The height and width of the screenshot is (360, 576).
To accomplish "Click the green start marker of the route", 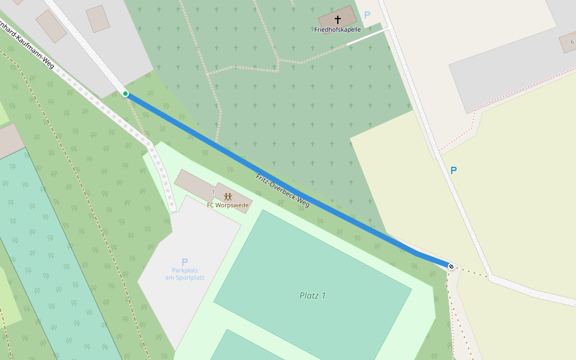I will click(125, 94).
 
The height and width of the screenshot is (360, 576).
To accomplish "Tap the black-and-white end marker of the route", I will click(451, 266).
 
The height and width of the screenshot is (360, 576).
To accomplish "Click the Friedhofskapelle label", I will click(337, 29).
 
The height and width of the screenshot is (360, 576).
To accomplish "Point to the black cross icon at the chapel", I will click(337, 20).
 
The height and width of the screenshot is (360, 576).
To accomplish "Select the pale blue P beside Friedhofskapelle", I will click(367, 15).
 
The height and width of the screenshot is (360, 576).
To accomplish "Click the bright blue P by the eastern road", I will click(454, 170).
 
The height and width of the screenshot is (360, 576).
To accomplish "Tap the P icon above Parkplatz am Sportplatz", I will click(185, 262).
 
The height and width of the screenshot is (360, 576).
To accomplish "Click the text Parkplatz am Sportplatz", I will click(185, 274).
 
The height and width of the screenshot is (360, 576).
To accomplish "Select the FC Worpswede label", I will click(228, 205).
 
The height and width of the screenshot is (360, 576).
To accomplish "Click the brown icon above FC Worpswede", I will click(228, 196).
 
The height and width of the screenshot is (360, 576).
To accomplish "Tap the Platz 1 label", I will click(313, 295).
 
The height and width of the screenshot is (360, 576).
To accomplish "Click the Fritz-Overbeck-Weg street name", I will click(283, 191).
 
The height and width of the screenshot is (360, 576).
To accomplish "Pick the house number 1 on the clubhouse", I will click(213, 191).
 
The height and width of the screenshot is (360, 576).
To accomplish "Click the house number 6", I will click(572, 41).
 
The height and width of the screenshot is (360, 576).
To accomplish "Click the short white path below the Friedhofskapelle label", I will click(366, 37).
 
